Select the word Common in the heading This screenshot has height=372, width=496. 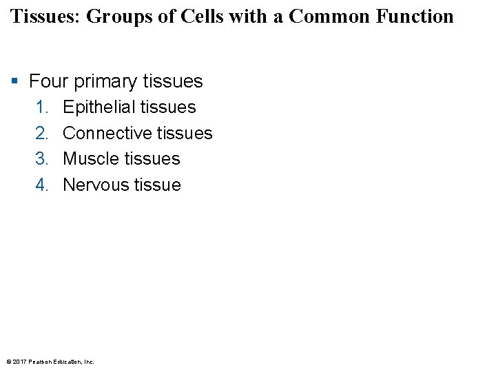pyautogui.click(x=324, y=17)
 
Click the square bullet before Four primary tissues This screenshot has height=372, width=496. pyautogui.click(x=15, y=82)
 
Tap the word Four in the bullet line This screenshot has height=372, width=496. pyautogui.click(x=49, y=81)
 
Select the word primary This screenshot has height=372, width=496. pyautogui.click(x=105, y=82)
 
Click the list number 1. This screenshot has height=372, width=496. pyautogui.click(x=43, y=107)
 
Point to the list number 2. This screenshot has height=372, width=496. pyautogui.click(x=43, y=133)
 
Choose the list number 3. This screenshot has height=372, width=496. pyautogui.click(x=43, y=159)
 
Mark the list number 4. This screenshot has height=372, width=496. pyautogui.click(x=43, y=185)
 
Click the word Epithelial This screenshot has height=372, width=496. pyautogui.click(x=99, y=107)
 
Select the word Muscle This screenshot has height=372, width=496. pyautogui.click(x=90, y=159)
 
